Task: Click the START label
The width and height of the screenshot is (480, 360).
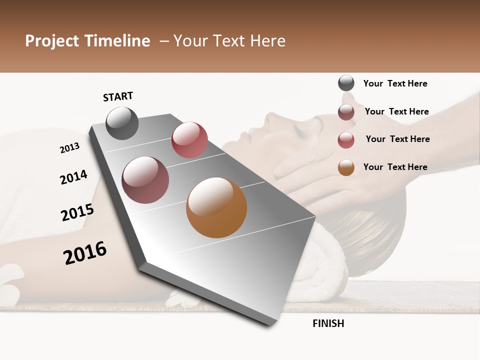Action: click(118, 96)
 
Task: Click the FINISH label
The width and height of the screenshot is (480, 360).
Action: click(328, 323)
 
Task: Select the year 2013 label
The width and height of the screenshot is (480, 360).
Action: click(70, 148)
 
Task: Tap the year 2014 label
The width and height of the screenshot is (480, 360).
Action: click(73, 177)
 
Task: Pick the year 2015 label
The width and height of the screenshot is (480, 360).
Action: click(77, 212)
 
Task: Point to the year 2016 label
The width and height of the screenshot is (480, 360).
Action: click(85, 252)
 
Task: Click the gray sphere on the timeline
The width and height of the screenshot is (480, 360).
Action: click(122, 123)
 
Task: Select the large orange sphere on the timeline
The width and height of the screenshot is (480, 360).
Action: click(216, 207)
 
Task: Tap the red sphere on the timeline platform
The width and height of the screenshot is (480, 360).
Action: click(189, 140)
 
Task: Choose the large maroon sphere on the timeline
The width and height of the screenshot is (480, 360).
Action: click(145, 180)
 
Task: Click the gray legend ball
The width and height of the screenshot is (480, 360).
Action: click(346, 83)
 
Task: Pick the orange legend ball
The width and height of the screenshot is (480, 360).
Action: click(346, 167)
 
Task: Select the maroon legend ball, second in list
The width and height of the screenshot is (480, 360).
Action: click(346, 112)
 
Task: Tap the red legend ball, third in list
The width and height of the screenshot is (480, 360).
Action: click(346, 140)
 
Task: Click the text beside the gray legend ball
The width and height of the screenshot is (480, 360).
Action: click(395, 83)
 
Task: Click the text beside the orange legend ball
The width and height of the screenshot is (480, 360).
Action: click(395, 167)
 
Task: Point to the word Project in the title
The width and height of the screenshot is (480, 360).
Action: click(52, 41)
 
